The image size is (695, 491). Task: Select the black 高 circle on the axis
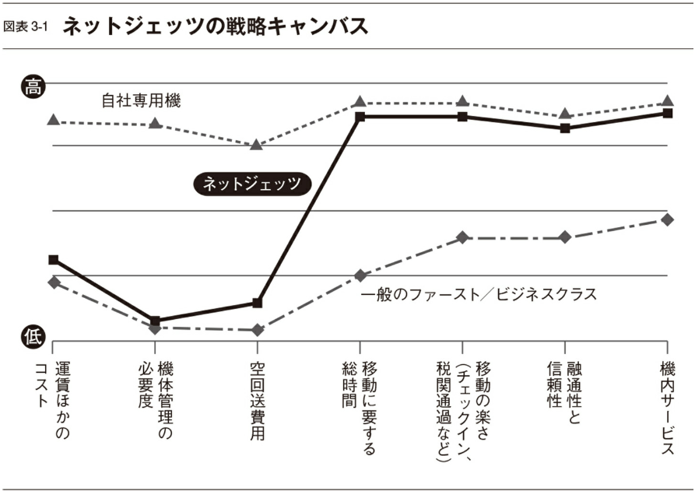tap(32, 86)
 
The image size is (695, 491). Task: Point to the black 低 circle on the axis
tap(32, 335)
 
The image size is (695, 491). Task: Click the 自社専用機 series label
tap(141, 101)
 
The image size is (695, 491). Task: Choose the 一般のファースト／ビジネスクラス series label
tap(479, 295)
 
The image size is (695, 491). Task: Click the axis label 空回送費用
tap(258, 400)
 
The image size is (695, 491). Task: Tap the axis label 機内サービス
tap(667, 407)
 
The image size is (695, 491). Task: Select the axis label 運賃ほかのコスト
tap(54, 400)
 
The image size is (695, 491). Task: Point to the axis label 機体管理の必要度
tap(156, 400)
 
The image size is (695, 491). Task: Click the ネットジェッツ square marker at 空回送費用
tap(258, 303)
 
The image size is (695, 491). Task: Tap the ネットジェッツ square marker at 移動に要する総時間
tap(360, 117)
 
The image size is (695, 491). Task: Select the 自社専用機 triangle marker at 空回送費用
tap(257, 144)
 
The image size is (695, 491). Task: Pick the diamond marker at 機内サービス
tap(667, 219)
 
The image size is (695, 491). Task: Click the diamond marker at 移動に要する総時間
tap(360, 275)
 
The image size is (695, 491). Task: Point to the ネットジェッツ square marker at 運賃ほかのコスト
tap(53, 259)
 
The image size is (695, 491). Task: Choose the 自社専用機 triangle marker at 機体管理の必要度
tap(156, 123)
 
